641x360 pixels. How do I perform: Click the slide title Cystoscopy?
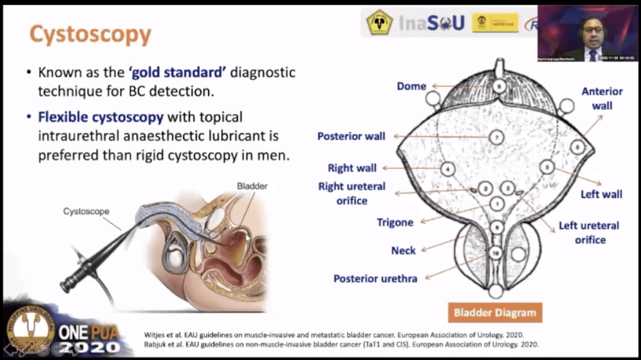coord(90,34)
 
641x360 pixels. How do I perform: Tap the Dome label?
coord(411,86)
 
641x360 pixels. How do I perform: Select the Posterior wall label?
coord(351,136)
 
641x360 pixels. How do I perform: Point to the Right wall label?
coord(352,168)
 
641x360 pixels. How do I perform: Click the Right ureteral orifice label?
coord(351,193)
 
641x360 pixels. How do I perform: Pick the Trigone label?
coord(395,222)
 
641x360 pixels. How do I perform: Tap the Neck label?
coord(403,250)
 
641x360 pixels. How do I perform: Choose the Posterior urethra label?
coord(375,278)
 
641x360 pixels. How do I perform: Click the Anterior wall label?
coord(602,98)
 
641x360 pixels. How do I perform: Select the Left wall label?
coord(601,194)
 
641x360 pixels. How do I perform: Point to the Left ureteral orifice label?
coord(589,232)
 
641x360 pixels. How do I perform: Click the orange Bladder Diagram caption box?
coord(494,313)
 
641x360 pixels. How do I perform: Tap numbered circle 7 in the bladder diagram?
coord(497,137)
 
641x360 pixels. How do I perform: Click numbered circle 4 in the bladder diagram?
coord(448,169)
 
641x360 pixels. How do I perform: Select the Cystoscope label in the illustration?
coord(86,211)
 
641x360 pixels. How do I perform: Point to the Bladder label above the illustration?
coord(252,186)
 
